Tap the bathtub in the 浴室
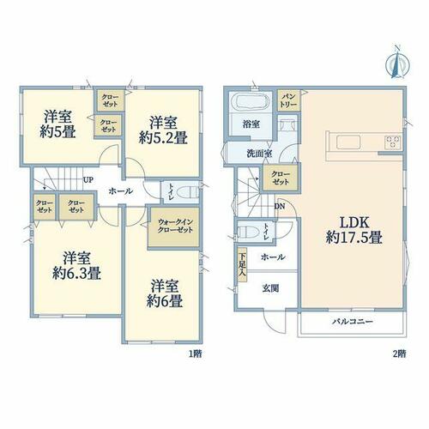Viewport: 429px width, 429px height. pos(251,102)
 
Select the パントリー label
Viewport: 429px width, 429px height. pos(288,100)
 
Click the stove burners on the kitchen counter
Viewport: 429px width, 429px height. pos(393,142)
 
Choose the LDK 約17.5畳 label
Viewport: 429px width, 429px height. pos(353,230)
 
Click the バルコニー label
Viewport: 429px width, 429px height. pos(353,322)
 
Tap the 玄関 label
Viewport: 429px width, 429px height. pos(270,288)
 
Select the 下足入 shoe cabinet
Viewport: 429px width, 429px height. pos(242,265)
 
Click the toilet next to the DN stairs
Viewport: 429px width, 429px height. pos(248,231)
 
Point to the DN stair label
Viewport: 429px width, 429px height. pos(280,207)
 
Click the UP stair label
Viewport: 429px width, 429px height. pos(88,180)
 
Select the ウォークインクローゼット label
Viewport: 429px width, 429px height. pos(175,226)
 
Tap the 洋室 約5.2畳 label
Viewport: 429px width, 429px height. pos(163,130)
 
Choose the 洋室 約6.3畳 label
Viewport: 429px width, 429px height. pos(76,266)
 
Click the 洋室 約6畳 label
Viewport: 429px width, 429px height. pos(165,293)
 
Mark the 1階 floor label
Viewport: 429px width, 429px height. pos(196,354)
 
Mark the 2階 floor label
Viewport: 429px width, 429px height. pos(399,354)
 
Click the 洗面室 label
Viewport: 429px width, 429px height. pos(259,154)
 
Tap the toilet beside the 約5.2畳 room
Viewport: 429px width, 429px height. pos(187,192)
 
